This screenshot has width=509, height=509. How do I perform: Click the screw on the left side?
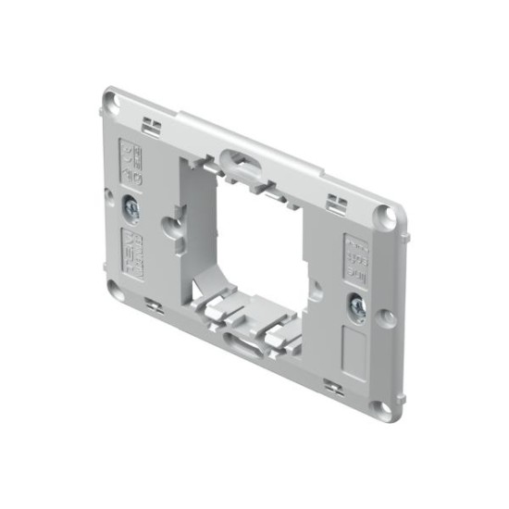[133, 209]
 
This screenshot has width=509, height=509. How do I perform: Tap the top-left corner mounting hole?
[112, 97]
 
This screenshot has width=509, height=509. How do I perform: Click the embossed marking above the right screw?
[356, 255]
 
